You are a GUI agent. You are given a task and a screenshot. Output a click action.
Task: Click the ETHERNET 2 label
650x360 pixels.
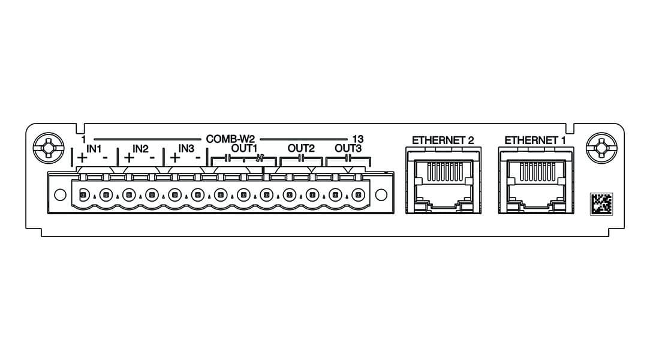pyautogui.click(x=443, y=140)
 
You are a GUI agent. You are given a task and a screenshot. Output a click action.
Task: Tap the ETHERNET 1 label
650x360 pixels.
pyautogui.click(x=535, y=140)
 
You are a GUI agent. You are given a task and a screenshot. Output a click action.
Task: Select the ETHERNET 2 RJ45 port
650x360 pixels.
pyautogui.click(x=444, y=182)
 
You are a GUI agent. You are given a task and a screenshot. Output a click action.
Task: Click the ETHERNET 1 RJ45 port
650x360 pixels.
pyautogui.click(x=536, y=182)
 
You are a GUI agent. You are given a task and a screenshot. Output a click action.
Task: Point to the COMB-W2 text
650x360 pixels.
pyautogui.click(x=230, y=139)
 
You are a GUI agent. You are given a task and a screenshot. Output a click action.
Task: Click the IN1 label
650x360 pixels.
pyautogui.click(x=94, y=148)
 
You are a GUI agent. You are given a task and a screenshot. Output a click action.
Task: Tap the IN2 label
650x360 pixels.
pyautogui.click(x=140, y=148)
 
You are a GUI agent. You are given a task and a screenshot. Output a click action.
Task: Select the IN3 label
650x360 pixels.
pyautogui.click(x=186, y=148)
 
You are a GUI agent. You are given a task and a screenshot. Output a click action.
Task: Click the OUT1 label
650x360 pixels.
pyautogui.click(x=245, y=148)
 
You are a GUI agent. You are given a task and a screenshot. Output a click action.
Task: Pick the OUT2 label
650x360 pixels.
pyautogui.click(x=301, y=148)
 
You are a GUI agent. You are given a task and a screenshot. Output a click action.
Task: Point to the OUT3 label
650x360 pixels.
pyautogui.click(x=348, y=148)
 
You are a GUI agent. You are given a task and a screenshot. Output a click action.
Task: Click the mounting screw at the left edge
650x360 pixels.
pyautogui.click(x=49, y=148)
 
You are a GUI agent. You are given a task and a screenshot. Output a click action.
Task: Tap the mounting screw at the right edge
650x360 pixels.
pyautogui.click(x=601, y=148)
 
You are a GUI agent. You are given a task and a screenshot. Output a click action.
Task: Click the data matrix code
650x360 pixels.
pyautogui.click(x=601, y=204)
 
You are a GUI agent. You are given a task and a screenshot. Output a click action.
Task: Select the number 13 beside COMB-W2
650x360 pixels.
pyautogui.click(x=358, y=139)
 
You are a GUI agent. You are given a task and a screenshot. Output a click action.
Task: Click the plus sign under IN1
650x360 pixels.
pyautogui.click(x=82, y=158)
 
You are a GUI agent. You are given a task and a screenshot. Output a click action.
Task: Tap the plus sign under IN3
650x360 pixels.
pyautogui.click(x=175, y=158)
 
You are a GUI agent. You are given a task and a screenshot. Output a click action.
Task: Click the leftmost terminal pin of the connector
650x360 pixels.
pyautogui.click(x=83, y=194)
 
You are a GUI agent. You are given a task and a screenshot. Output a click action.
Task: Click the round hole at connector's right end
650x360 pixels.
pyautogui.click(x=381, y=195)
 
